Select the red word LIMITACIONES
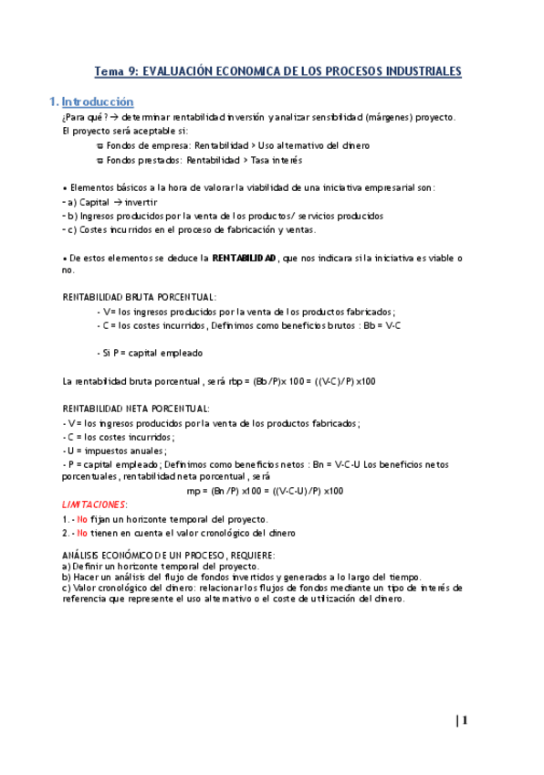(x=94, y=504)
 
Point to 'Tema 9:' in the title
(x=118, y=71)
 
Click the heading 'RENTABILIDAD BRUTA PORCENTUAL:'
(x=139, y=297)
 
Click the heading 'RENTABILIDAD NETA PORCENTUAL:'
(x=136, y=409)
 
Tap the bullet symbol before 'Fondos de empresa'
(x=99, y=146)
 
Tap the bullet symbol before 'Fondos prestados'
(x=99, y=160)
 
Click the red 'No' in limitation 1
(x=82, y=518)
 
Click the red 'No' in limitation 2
(x=82, y=532)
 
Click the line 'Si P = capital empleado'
(x=152, y=353)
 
